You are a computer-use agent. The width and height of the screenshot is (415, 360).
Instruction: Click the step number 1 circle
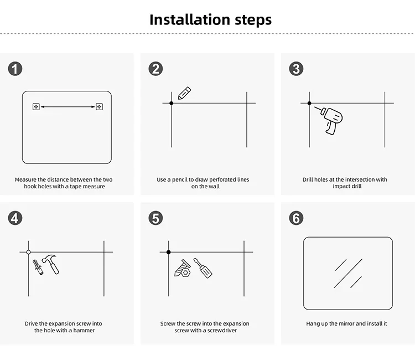coord(15,69)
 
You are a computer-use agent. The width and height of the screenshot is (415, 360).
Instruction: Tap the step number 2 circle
coord(155,69)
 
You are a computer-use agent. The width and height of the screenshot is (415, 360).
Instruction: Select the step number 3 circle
coord(296,69)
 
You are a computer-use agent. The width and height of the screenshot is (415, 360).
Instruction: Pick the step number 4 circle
coord(15,218)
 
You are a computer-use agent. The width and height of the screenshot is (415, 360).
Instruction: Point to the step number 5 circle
coord(155,218)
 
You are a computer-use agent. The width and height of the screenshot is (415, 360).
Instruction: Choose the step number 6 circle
coord(296,218)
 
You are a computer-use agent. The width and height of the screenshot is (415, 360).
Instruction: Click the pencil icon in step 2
coord(184,93)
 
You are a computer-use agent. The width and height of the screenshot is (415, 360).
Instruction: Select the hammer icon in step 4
coord(51,264)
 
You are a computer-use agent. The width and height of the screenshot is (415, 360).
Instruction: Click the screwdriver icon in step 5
coord(203,268)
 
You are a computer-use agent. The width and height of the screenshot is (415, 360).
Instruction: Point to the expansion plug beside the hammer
coord(38,268)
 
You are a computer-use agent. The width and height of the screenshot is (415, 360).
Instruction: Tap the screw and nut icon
coord(183,269)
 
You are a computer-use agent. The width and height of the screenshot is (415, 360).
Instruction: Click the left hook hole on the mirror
coord(36,107)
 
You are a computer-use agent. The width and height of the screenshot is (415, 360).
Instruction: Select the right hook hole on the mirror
coord(99,107)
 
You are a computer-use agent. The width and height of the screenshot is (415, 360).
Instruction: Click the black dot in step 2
coord(171,103)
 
